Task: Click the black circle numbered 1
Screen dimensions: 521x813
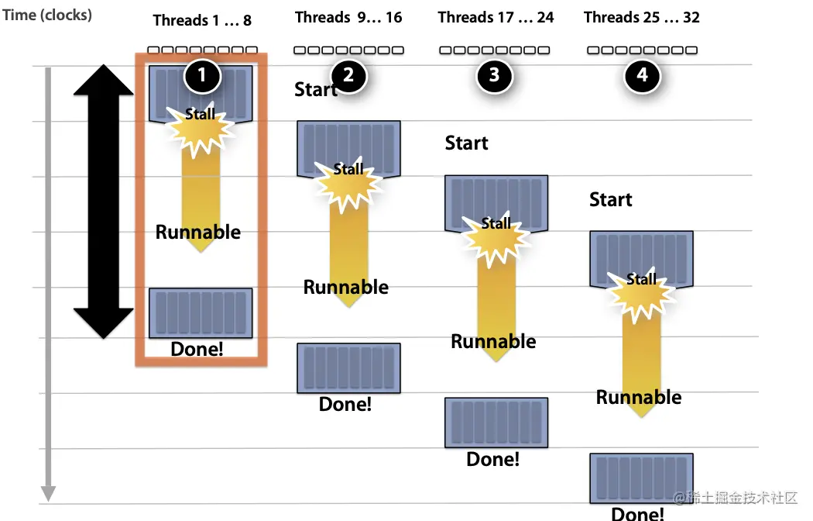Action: (203, 75)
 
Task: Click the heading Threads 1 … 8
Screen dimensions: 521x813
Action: (202, 20)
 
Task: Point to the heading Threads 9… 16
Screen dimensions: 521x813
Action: (348, 17)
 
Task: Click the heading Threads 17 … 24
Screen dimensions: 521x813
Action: (496, 17)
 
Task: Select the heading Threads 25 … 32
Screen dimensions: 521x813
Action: (642, 17)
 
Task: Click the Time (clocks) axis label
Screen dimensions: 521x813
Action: (47, 15)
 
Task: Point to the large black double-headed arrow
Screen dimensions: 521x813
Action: (104, 202)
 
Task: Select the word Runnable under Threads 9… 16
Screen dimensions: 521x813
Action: (346, 288)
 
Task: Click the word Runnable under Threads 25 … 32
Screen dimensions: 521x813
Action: (639, 398)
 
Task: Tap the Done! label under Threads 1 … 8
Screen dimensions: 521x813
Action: (197, 349)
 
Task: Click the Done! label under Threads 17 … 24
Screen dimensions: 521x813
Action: (493, 459)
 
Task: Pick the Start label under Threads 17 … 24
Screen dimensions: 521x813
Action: (466, 143)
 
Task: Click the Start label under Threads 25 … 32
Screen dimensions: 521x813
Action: (611, 200)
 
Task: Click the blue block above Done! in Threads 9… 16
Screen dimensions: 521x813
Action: (348, 368)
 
